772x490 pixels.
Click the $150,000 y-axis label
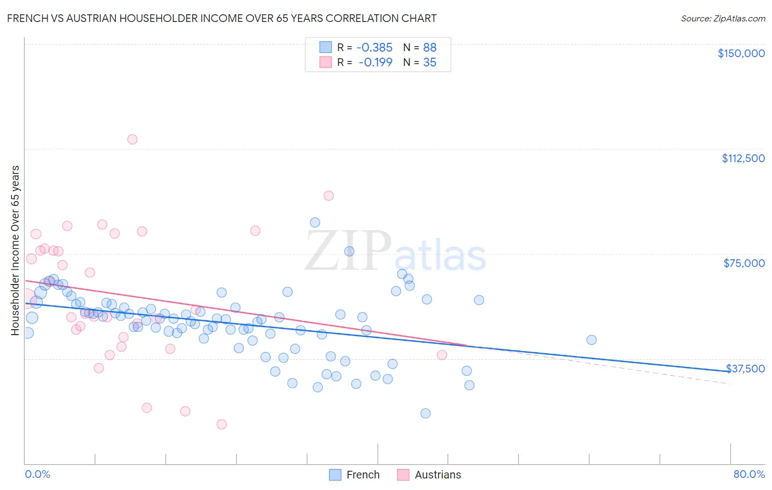[741, 53]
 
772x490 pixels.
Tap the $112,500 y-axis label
[743, 158]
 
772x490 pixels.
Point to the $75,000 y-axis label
[744, 263]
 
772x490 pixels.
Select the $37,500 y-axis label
[745, 369]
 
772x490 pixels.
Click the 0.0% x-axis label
[37, 474]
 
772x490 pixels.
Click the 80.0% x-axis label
[749, 474]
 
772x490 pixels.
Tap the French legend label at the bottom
[363, 475]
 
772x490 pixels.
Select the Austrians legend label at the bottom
[438, 475]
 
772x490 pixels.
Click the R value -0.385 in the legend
[374, 47]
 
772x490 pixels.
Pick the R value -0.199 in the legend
[375, 62]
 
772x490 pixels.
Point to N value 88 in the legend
[429, 47]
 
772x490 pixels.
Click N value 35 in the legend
[429, 62]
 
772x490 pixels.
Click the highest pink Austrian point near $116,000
[132, 140]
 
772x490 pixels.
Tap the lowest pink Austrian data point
[222, 424]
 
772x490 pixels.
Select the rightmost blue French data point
[591, 340]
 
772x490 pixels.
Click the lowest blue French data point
[426, 413]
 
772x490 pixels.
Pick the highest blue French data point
[315, 222]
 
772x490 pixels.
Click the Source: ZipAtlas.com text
[723, 19]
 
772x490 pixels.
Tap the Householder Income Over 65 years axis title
[15, 250]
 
